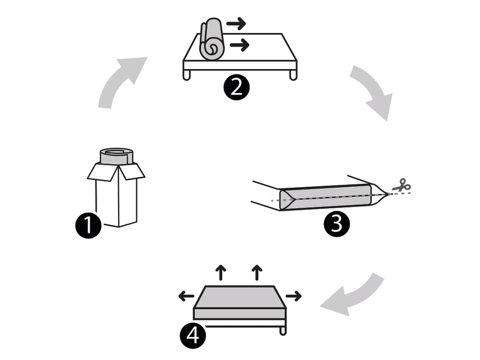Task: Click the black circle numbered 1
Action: point(88,226)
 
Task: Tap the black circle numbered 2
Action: point(236,87)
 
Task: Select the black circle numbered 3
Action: point(337,224)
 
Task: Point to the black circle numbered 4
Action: point(193,336)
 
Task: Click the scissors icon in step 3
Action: point(401,185)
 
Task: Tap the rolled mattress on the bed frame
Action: point(211,39)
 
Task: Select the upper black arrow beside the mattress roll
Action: point(236,23)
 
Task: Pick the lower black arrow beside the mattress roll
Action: point(239,45)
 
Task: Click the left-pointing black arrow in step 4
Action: point(186,296)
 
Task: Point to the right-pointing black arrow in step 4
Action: point(293,296)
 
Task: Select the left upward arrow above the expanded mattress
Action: point(221,272)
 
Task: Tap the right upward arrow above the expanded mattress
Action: point(257,272)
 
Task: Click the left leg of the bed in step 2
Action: point(187,75)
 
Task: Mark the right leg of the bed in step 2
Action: point(293,75)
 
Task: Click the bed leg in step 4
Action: point(283,331)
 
